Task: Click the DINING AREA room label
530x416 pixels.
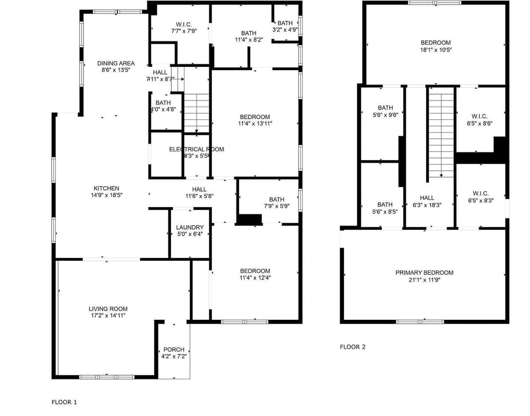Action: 116,63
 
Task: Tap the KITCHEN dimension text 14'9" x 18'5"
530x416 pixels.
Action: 106,196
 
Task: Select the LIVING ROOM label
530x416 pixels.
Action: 108,309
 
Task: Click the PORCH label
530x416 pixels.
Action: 174,350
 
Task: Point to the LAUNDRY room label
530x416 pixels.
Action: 190,228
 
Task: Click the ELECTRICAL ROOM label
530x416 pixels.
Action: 196,149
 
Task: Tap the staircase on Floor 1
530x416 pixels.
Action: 197,113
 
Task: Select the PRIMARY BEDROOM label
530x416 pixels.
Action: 424,272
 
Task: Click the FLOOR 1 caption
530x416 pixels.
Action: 65,402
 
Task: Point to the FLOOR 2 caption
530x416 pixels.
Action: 352,347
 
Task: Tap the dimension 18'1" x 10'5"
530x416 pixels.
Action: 436,50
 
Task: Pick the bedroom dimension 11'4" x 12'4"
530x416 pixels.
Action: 255,278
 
